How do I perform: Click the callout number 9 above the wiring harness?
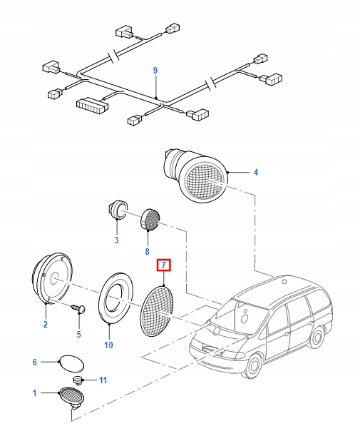point(155,70)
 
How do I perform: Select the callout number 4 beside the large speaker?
point(255,172)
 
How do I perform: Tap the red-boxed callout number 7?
point(117,240)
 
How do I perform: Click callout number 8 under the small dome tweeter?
point(147,251)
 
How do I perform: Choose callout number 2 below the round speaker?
point(45,325)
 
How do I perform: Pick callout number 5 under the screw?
point(78,334)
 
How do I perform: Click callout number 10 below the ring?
point(108,345)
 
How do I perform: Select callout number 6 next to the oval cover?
point(34,362)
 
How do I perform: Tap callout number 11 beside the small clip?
point(102,380)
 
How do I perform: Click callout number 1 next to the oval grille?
point(34,393)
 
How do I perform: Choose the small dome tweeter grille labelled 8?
point(150,218)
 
